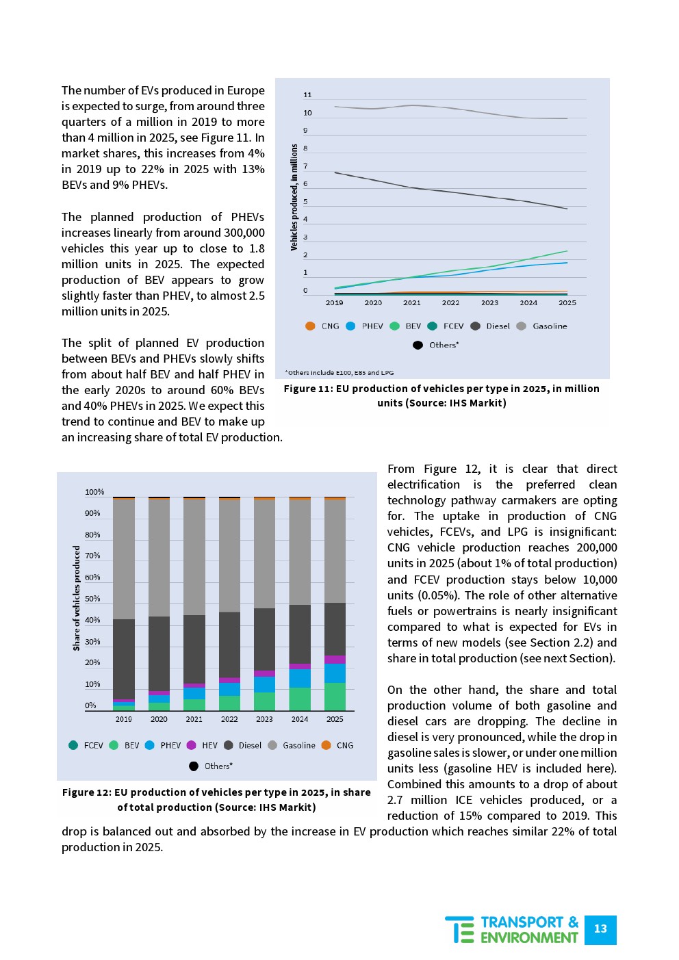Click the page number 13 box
click(x=600, y=929)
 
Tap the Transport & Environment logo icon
click(x=459, y=929)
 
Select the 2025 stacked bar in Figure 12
click(x=335, y=604)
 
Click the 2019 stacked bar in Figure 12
click(x=124, y=604)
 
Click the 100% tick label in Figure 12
click(x=94, y=492)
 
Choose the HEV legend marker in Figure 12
click(x=191, y=745)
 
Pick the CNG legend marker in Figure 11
click(x=310, y=326)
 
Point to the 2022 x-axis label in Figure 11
click(x=450, y=302)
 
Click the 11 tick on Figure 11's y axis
click(x=307, y=95)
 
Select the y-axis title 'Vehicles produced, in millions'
click(x=294, y=197)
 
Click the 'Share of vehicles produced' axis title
click(x=77, y=598)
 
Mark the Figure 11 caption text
click(x=441, y=395)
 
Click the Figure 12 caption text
click(x=216, y=799)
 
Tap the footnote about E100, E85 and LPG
click(x=339, y=373)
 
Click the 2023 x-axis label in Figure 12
click(x=264, y=719)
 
